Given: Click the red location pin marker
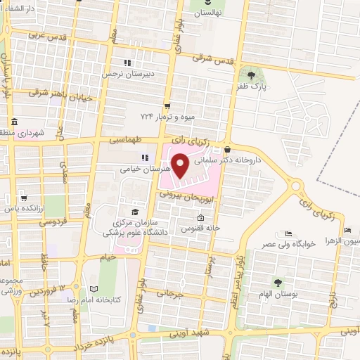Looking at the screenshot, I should (181, 166).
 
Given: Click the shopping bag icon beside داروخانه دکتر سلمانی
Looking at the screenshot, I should (227, 149).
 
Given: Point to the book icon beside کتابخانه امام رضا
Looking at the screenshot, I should (94, 288).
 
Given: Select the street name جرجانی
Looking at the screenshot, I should (169, 293).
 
